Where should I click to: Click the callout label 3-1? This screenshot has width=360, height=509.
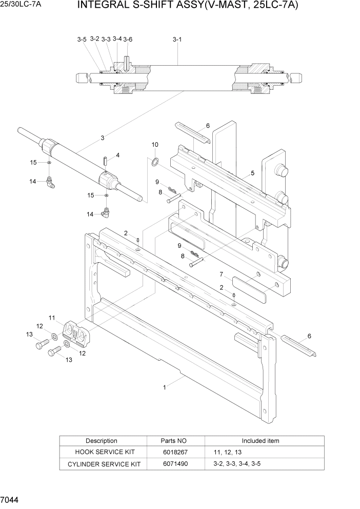coord(176,39)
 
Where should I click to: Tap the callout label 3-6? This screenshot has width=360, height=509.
coord(128,40)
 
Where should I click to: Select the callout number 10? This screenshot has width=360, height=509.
coord(155,145)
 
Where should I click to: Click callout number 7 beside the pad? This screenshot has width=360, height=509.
coord(221,273)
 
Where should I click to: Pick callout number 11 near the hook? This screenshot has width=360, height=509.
coord(52,318)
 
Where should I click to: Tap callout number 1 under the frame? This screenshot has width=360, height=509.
coord(164,387)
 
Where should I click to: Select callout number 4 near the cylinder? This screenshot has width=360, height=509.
coord(117,154)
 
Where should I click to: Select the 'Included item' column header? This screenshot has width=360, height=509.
coord(261,441)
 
